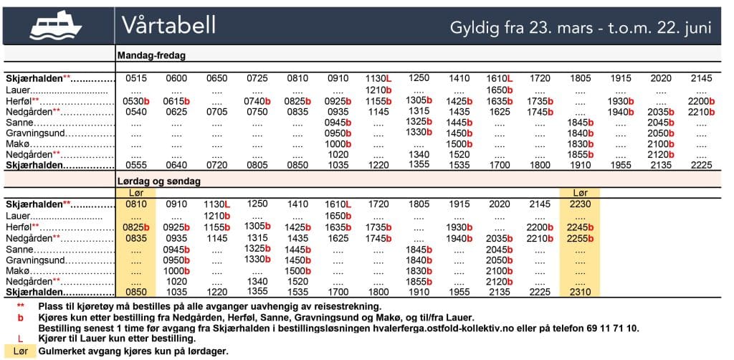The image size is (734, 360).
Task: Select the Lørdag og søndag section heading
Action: [x=158, y=181]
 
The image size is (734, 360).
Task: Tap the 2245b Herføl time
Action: [x=579, y=227]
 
